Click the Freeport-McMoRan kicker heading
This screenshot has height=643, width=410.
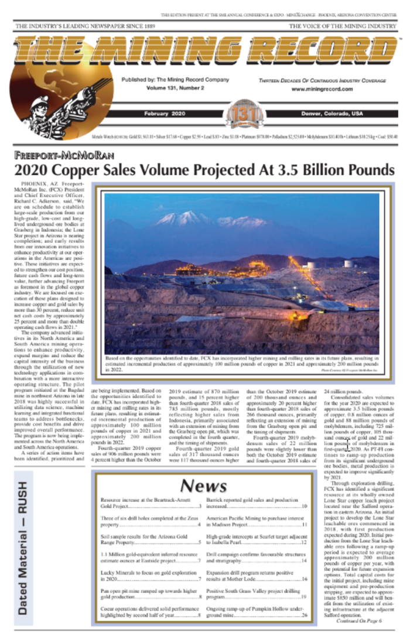pyautogui.click(x=64, y=156)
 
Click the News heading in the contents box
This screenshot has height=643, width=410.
pyautogui.click(x=203, y=485)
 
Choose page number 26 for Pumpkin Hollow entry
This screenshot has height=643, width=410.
pyautogui.click(x=305, y=615)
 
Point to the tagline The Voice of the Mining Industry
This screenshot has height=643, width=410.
pyautogui.click(x=343, y=27)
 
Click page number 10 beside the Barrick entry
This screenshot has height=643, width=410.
pyautogui.click(x=305, y=505)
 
